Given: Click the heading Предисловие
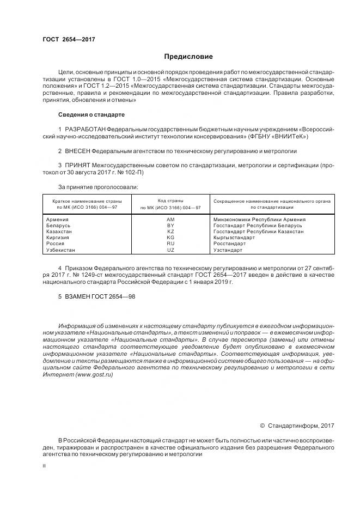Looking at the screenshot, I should [188, 57].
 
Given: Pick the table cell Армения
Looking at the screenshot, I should [58, 219].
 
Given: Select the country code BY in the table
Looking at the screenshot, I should [170, 225].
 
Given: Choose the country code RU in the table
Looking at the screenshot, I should [170, 244].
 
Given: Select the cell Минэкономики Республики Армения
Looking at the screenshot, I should [259, 219].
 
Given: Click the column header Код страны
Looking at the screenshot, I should [170, 201].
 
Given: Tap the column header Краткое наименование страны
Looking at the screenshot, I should [83, 201].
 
